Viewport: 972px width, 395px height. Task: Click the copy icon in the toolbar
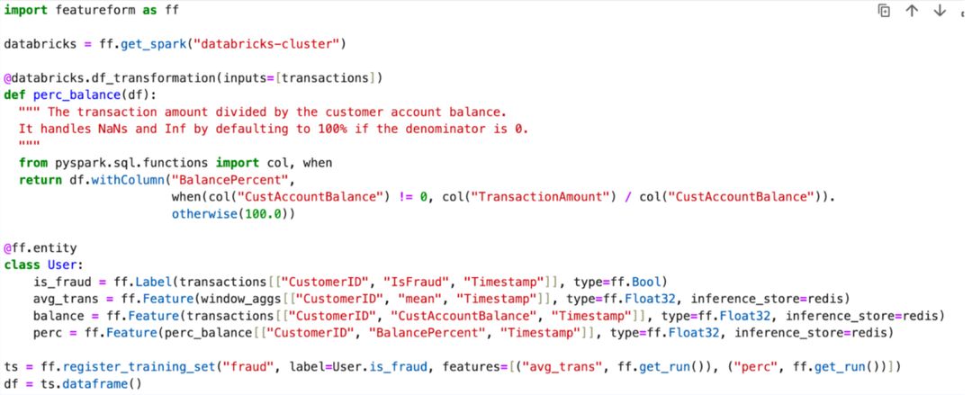click(x=885, y=11)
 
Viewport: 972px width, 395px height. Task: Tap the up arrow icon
click(x=912, y=11)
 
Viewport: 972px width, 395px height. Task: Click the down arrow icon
click(x=940, y=11)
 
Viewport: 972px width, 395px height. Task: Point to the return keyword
click(x=40, y=180)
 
